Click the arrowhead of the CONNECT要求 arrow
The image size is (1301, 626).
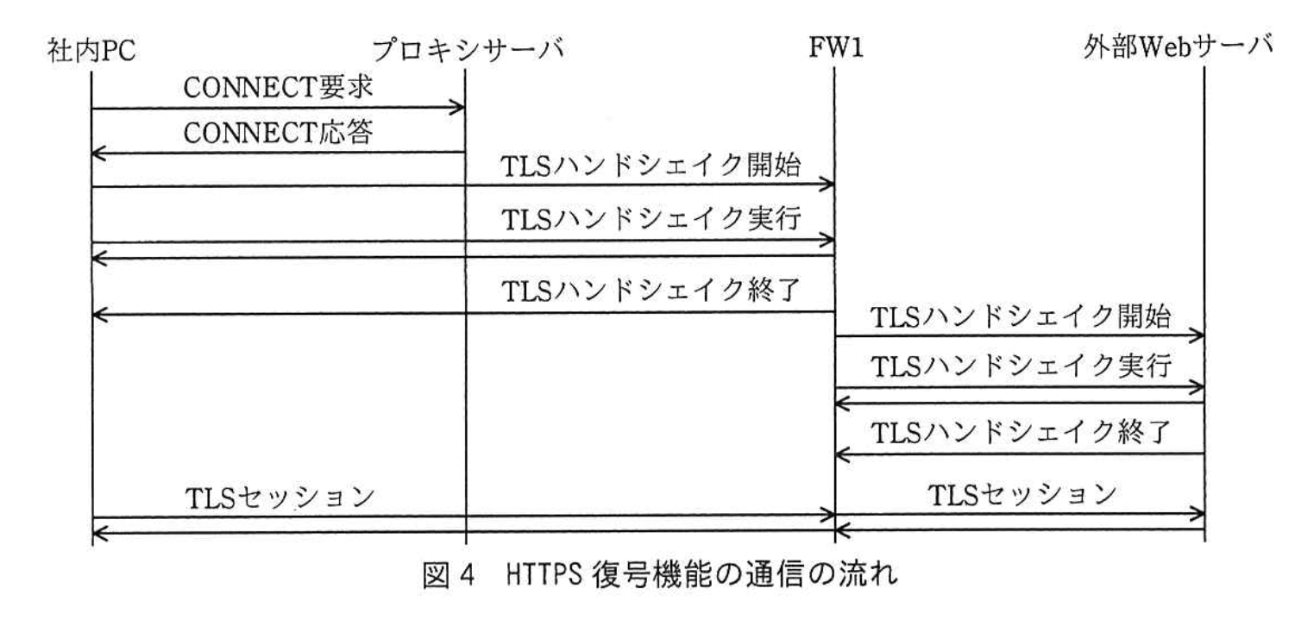tap(460, 109)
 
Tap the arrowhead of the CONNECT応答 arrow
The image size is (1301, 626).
tap(97, 154)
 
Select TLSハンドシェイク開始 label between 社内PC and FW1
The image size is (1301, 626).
tap(651, 166)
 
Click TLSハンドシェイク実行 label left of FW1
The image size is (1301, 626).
tap(651, 222)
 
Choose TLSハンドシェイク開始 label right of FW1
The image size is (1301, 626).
tap(1021, 316)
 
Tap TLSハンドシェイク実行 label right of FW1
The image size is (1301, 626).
tap(1021, 368)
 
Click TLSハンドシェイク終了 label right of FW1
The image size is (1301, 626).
tap(1021, 431)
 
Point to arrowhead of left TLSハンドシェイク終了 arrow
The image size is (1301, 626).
tap(97, 315)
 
